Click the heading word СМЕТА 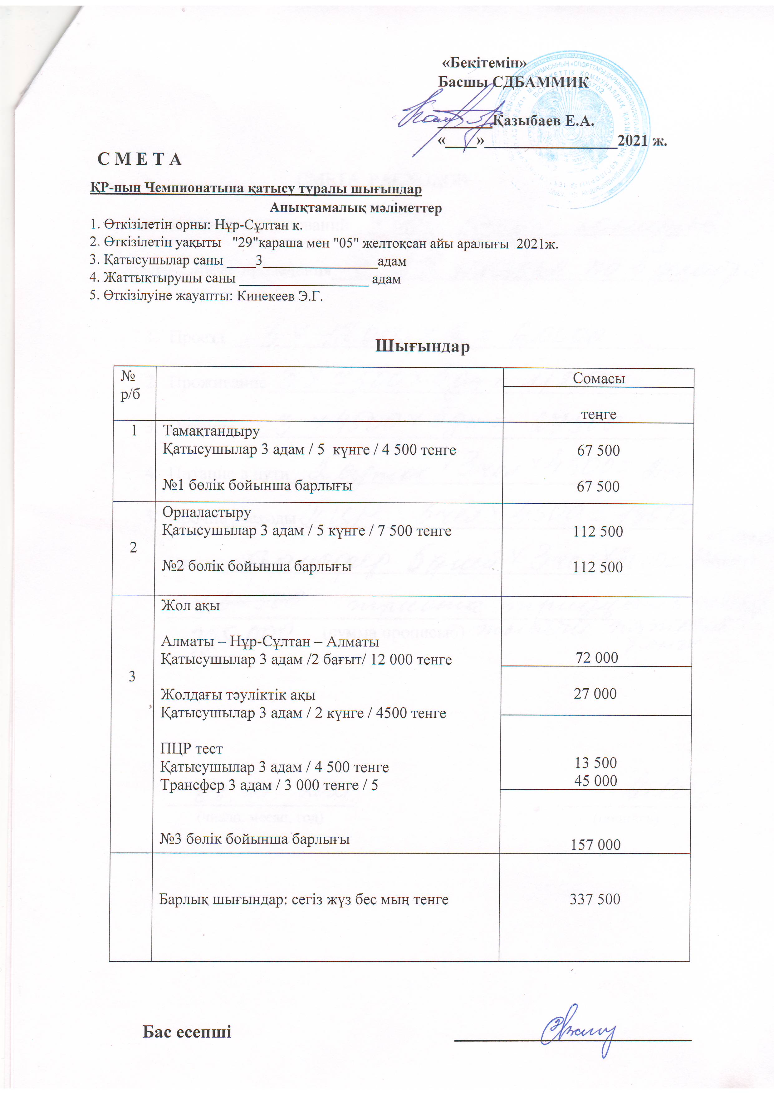click(139, 159)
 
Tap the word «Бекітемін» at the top click(484, 62)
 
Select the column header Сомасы click(599, 378)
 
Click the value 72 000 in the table click(597, 657)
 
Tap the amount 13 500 click(596, 762)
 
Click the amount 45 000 click(596, 781)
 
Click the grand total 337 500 click(595, 899)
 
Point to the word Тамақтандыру click(211, 431)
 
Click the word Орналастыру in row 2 click(207, 512)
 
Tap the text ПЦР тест click(191, 748)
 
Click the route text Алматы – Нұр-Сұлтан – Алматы click(270, 641)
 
